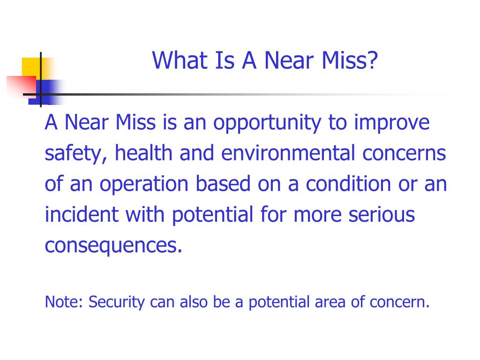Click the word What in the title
point(180,60)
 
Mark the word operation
point(144,185)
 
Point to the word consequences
point(113,246)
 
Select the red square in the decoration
point(22,86)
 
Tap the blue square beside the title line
point(45,92)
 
